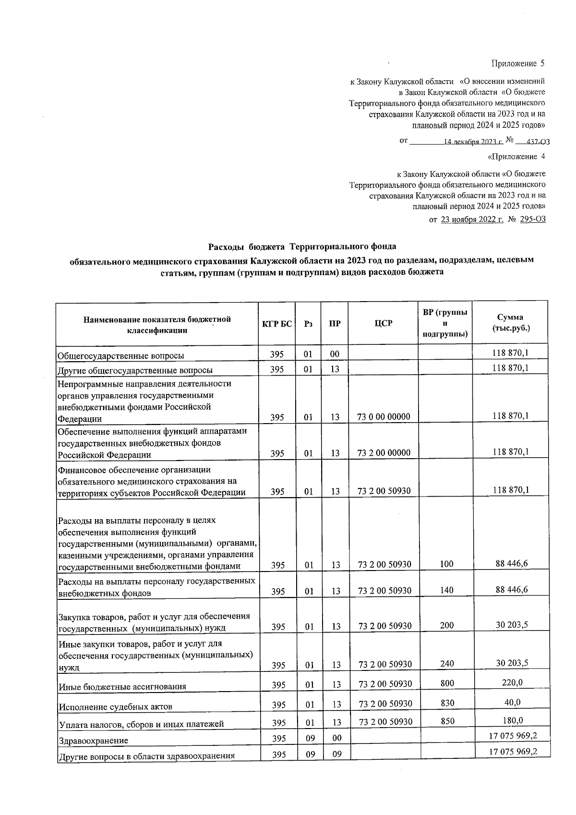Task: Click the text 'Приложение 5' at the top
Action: (517, 64)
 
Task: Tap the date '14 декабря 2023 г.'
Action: (473, 142)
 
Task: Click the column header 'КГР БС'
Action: (276, 324)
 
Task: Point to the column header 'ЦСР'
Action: (383, 324)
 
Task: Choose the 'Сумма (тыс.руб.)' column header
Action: (510, 323)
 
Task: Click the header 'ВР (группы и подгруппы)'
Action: (445, 323)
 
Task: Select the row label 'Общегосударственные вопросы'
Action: (120, 356)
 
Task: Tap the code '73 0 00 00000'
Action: (384, 417)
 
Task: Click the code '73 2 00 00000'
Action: (384, 453)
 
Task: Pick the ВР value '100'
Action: (446, 564)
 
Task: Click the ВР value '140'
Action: (446, 590)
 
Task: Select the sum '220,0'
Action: (512, 683)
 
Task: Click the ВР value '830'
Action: (447, 703)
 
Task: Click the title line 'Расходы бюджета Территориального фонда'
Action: (302, 247)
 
